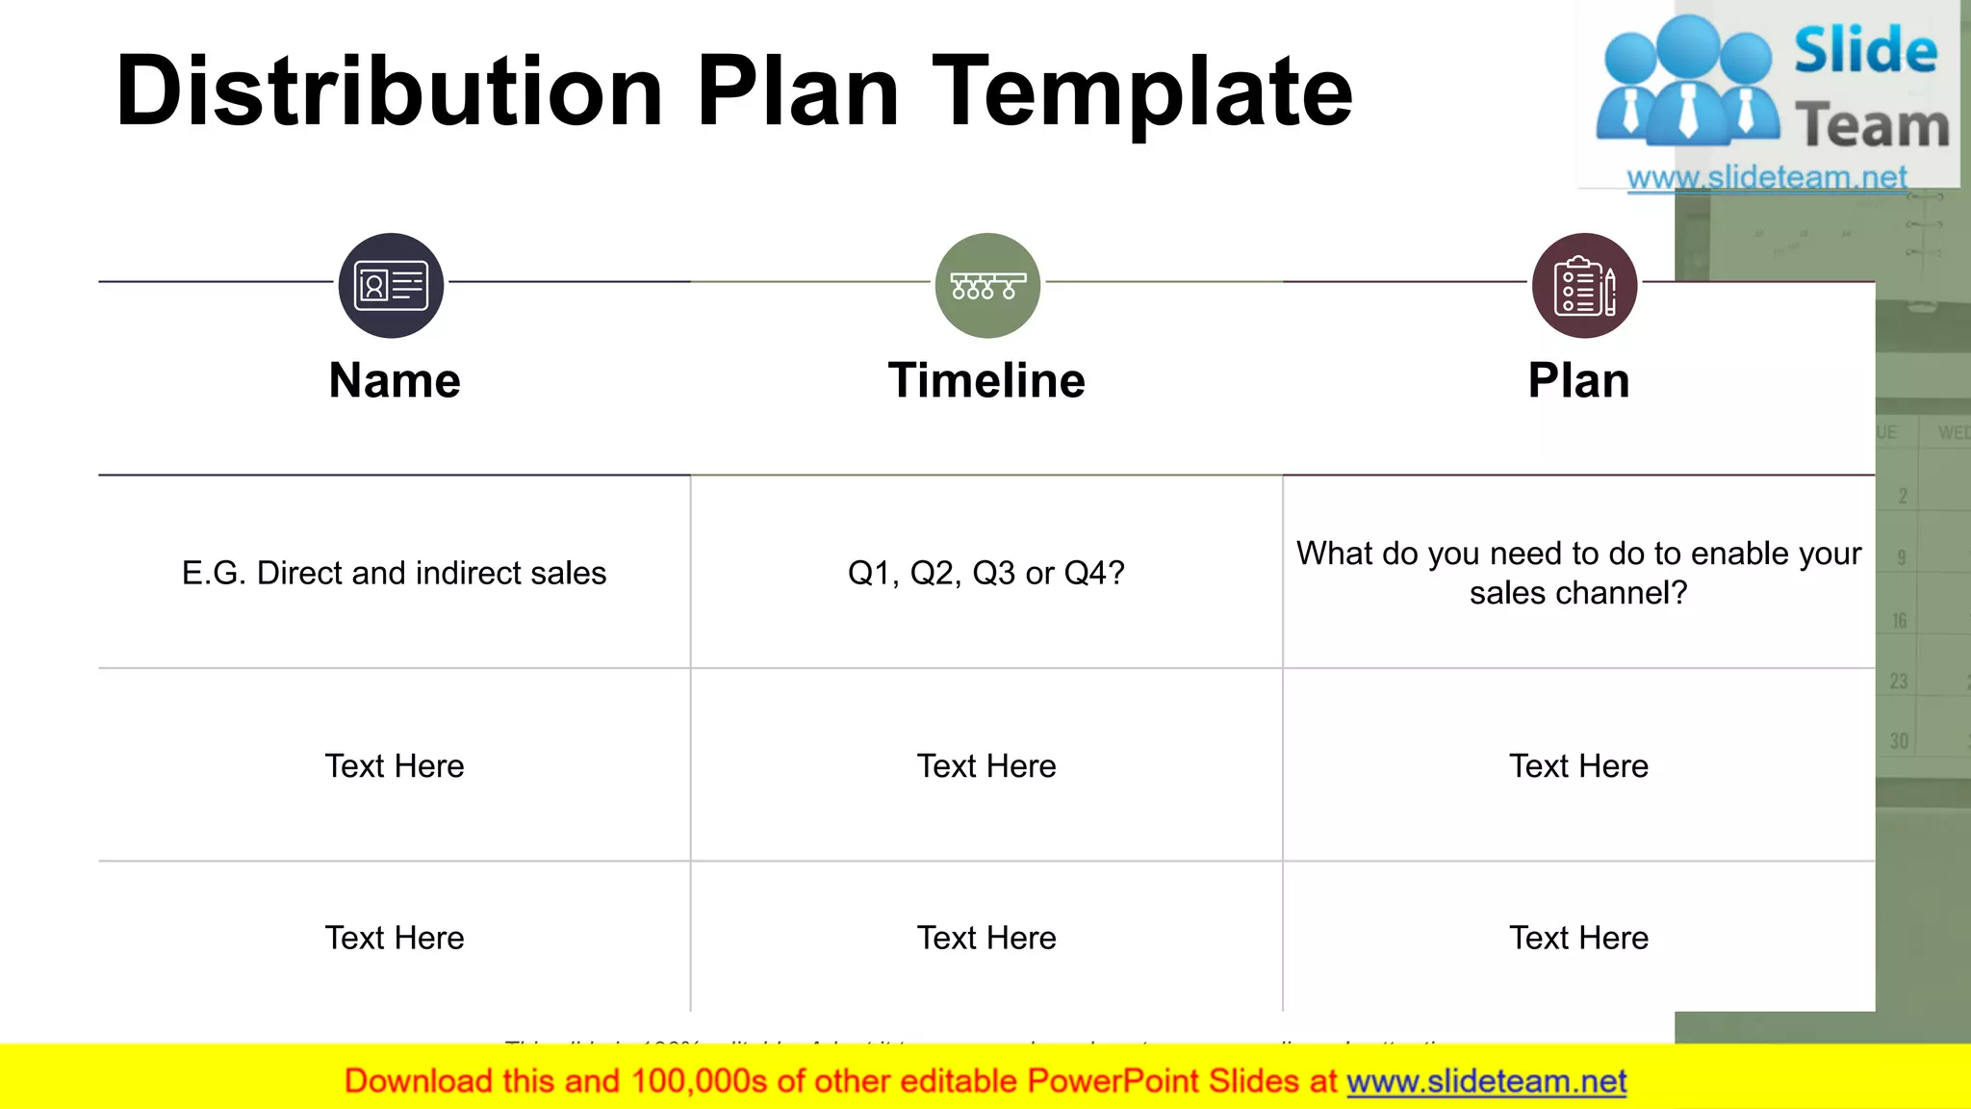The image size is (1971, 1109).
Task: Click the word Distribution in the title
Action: [389, 91]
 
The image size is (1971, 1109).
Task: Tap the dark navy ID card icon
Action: [391, 286]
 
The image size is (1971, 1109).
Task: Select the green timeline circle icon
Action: [987, 286]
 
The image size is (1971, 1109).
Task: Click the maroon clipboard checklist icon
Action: [1584, 286]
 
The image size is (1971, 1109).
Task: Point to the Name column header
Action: [395, 380]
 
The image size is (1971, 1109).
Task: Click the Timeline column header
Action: [986, 380]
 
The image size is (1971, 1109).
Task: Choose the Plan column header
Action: [1578, 380]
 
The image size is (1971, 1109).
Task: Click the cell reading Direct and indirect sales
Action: [394, 573]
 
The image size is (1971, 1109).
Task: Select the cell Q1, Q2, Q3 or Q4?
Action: [986, 573]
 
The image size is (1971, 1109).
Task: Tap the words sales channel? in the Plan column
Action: [1578, 593]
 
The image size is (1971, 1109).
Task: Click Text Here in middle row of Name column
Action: [395, 766]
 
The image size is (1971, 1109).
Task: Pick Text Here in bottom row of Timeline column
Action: [986, 938]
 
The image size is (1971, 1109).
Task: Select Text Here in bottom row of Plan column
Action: [1578, 938]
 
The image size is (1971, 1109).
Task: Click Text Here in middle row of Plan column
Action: [1578, 766]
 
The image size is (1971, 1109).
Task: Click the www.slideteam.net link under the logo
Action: [1766, 177]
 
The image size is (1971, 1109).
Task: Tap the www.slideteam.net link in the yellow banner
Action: [1486, 1081]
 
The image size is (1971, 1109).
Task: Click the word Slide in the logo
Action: [1865, 51]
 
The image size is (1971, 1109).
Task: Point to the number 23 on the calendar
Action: [1898, 682]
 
